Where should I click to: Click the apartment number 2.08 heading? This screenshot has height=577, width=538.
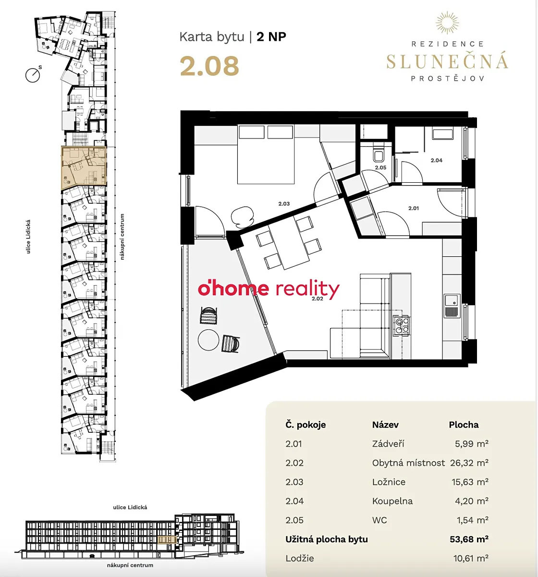(209, 66)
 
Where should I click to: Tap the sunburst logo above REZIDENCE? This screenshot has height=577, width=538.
(447, 23)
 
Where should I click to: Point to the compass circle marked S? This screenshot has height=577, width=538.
(33, 75)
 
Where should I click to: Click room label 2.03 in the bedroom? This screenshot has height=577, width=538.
(284, 204)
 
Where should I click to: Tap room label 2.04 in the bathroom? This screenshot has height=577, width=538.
(436, 160)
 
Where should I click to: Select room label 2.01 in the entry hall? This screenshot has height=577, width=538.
(414, 208)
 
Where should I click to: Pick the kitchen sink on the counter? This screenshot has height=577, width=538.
(452, 306)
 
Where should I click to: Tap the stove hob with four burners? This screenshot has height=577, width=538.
(402, 326)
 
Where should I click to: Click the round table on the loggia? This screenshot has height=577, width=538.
(208, 339)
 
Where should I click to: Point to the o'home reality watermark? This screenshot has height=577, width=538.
(269, 289)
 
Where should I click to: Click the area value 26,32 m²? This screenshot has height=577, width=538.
(469, 463)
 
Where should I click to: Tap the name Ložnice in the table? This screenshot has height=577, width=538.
(389, 482)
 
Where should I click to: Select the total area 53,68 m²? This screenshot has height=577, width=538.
(469, 539)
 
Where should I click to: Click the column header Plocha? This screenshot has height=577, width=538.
(464, 425)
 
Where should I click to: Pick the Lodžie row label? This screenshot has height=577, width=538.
(300, 558)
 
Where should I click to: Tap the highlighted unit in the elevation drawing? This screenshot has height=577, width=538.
(167, 540)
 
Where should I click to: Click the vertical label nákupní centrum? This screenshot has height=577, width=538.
(122, 237)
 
